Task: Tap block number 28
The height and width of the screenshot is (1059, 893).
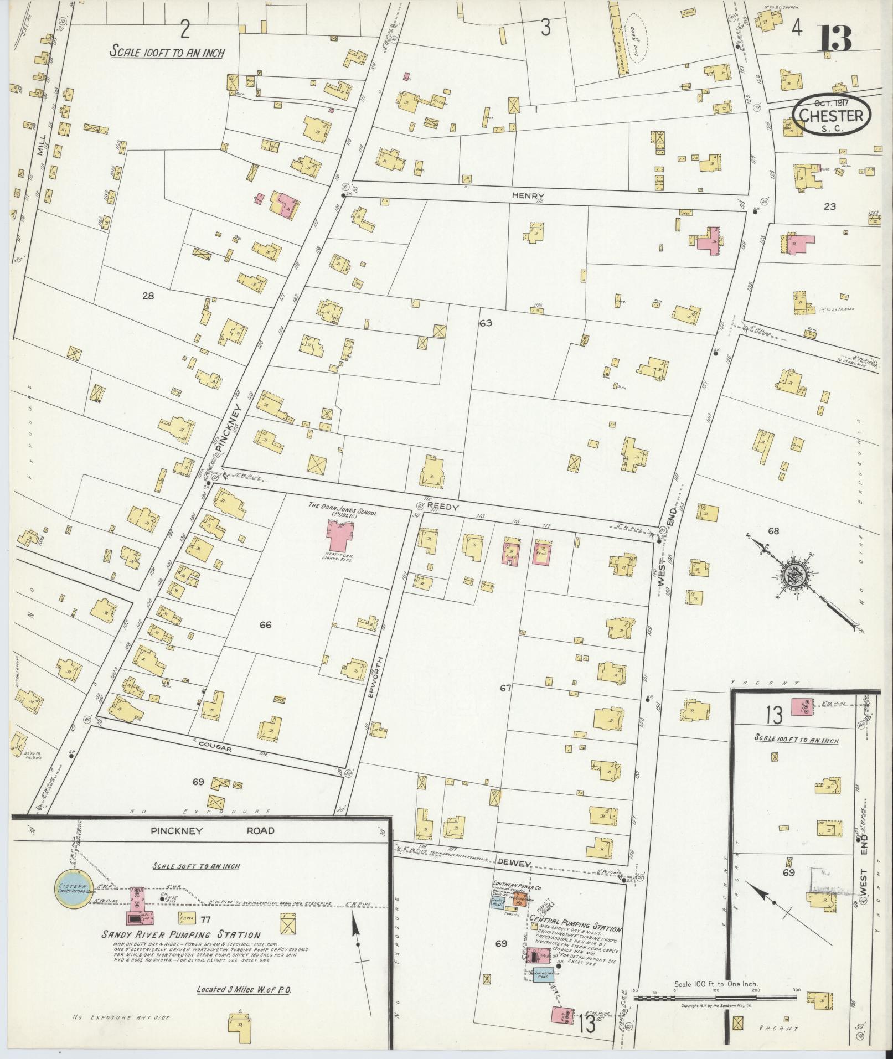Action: click(148, 296)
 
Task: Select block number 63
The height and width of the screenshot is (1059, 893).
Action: click(486, 322)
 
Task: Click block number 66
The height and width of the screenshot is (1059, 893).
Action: click(265, 624)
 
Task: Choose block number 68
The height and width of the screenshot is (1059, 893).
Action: click(773, 531)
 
